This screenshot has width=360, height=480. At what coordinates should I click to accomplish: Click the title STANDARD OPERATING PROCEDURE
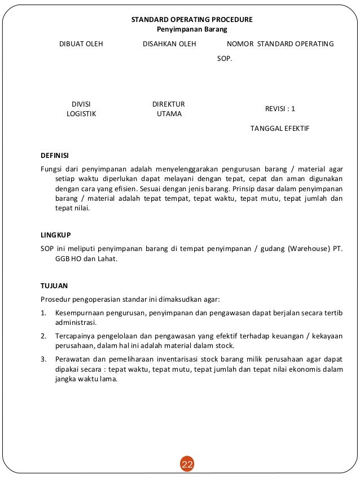tap(192, 19)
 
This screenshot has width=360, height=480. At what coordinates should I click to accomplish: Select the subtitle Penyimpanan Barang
tap(191, 29)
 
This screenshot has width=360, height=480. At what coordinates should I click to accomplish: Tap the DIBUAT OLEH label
tap(81, 44)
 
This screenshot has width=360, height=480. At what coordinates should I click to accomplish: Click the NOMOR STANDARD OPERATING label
tap(279, 44)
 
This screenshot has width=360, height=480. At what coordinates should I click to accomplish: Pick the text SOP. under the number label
tap(225, 58)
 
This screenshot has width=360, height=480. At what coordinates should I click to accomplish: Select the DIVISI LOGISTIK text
tap(81, 108)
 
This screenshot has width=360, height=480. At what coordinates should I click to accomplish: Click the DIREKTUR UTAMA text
tap(169, 108)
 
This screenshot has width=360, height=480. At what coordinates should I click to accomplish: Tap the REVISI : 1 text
tap(280, 108)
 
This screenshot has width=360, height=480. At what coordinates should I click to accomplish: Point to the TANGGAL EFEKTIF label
tap(280, 129)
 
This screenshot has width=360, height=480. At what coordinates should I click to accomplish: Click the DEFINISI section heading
tap(55, 156)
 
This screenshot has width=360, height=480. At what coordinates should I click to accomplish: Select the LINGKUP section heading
tap(55, 234)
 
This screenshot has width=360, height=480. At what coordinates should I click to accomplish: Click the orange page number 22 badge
tap(187, 464)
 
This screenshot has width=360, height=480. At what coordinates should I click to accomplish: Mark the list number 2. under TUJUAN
tap(44, 336)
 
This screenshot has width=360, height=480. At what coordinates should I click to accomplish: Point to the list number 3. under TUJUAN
tap(44, 359)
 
